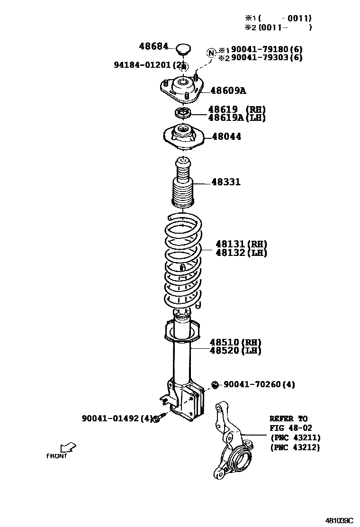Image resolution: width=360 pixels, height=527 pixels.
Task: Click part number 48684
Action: click(153, 46)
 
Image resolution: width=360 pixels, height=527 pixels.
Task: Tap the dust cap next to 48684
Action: click(183, 48)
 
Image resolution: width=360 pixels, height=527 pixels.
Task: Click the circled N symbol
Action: click(211, 53)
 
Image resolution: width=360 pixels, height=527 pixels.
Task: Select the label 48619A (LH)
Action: click(237, 118)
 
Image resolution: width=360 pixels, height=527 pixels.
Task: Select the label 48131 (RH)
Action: click(242, 245)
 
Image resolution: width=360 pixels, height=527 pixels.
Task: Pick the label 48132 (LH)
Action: click(242, 253)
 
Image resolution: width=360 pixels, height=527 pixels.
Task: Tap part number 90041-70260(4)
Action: click(259, 384)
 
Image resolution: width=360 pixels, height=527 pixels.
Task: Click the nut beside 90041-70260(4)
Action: click(215, 384)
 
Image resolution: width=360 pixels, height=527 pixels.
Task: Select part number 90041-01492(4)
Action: click(117, 418)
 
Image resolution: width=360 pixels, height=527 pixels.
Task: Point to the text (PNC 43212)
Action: click(295, 447)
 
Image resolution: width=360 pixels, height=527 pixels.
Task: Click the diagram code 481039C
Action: click(339, 520)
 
